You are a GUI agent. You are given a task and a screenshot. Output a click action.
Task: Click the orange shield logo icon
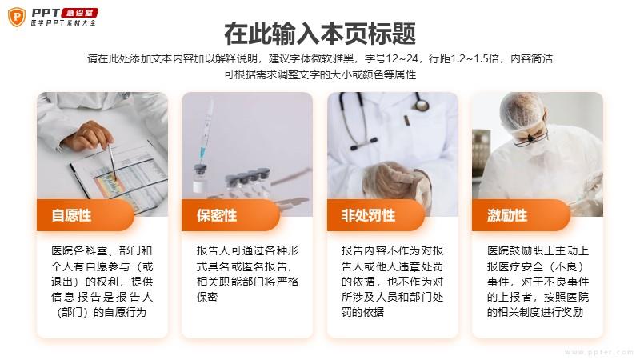point(17,17)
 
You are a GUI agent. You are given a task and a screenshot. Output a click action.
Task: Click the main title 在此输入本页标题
point(320,34)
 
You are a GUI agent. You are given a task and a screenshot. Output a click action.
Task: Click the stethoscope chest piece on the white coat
point(420,105)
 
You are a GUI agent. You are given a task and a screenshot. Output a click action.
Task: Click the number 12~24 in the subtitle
point(402,58)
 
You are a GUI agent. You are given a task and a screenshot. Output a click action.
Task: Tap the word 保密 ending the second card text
point(207,297)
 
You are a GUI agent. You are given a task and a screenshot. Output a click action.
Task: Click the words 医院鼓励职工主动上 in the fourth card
point(538,250)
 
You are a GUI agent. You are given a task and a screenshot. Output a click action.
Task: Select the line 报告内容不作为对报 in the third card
point(392,250)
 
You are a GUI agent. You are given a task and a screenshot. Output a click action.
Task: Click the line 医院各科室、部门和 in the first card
point(102,250)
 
